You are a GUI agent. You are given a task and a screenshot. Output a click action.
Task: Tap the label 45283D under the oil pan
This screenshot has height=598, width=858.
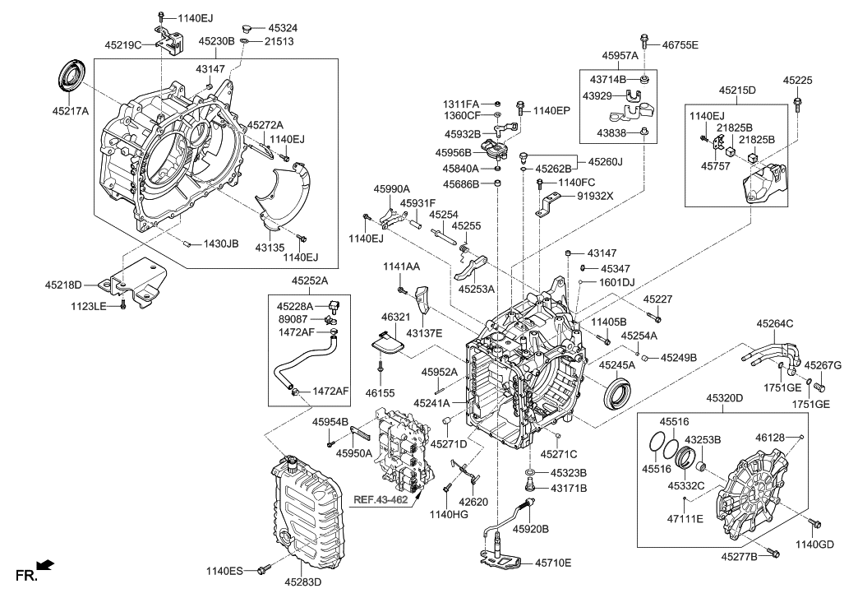pyautogui.click(x=303, y=582)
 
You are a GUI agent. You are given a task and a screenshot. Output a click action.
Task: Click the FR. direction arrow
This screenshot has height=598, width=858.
pyautogui.click(x=45, y=565)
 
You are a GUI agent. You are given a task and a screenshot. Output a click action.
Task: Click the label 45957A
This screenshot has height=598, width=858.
pyautogui.click(x=620, y=55)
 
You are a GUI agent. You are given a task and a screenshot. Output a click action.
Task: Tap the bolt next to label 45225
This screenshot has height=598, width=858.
pyautogui.click(x=797, y=103)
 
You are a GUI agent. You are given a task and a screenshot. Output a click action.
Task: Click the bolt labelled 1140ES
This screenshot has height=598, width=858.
pyautogui.click(x=264, y=568)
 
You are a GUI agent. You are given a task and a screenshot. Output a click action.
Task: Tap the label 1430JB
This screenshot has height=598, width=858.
pyautogui.click(x=221, y=243)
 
